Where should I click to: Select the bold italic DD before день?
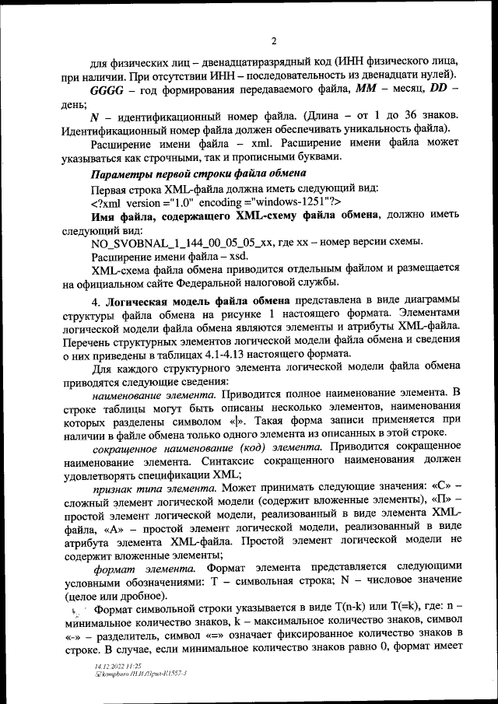(x=440, y=90)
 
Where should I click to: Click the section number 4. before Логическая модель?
(x=96, y=301)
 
